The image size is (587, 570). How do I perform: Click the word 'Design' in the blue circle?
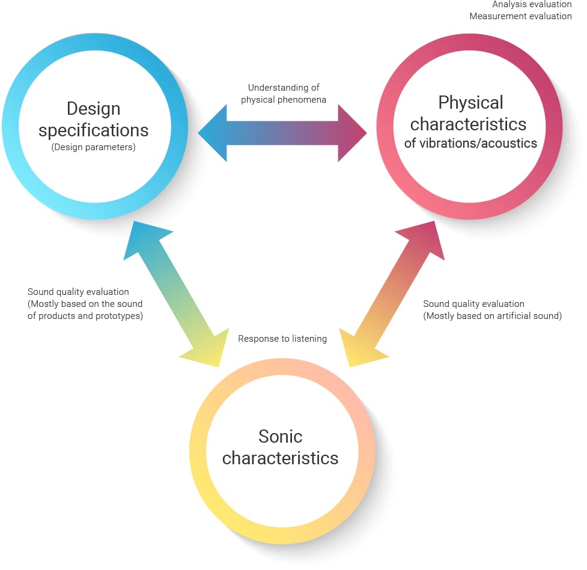[x=94, y=109]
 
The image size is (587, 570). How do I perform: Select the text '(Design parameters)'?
[x=94, y=147]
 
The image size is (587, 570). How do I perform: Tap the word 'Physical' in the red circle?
[x=470, y=103]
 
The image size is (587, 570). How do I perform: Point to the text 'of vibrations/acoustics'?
[x=470, y=144]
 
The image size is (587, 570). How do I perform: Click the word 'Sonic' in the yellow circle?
[x=280, y=436]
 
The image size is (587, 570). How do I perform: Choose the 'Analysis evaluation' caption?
[x=532, y=5]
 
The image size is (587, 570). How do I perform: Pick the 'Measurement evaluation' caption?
[x=520, y=16]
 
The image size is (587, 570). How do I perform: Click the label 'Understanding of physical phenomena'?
[x=284, y=94]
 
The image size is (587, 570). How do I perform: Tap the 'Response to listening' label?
[x=282, y=339]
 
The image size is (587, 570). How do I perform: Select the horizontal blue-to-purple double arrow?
[x=282, y=133]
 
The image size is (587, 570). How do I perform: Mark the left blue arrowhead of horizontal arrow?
[x=214, y=133]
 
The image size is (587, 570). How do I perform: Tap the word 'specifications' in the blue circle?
[x=94, y=130]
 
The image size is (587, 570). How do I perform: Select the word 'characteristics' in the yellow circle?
[x=280, y=458]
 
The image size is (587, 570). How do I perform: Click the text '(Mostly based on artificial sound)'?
[x=492, y=316]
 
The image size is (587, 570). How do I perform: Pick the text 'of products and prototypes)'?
[x=85, y=316]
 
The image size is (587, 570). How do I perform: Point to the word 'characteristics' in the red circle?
[x=468, y=124]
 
